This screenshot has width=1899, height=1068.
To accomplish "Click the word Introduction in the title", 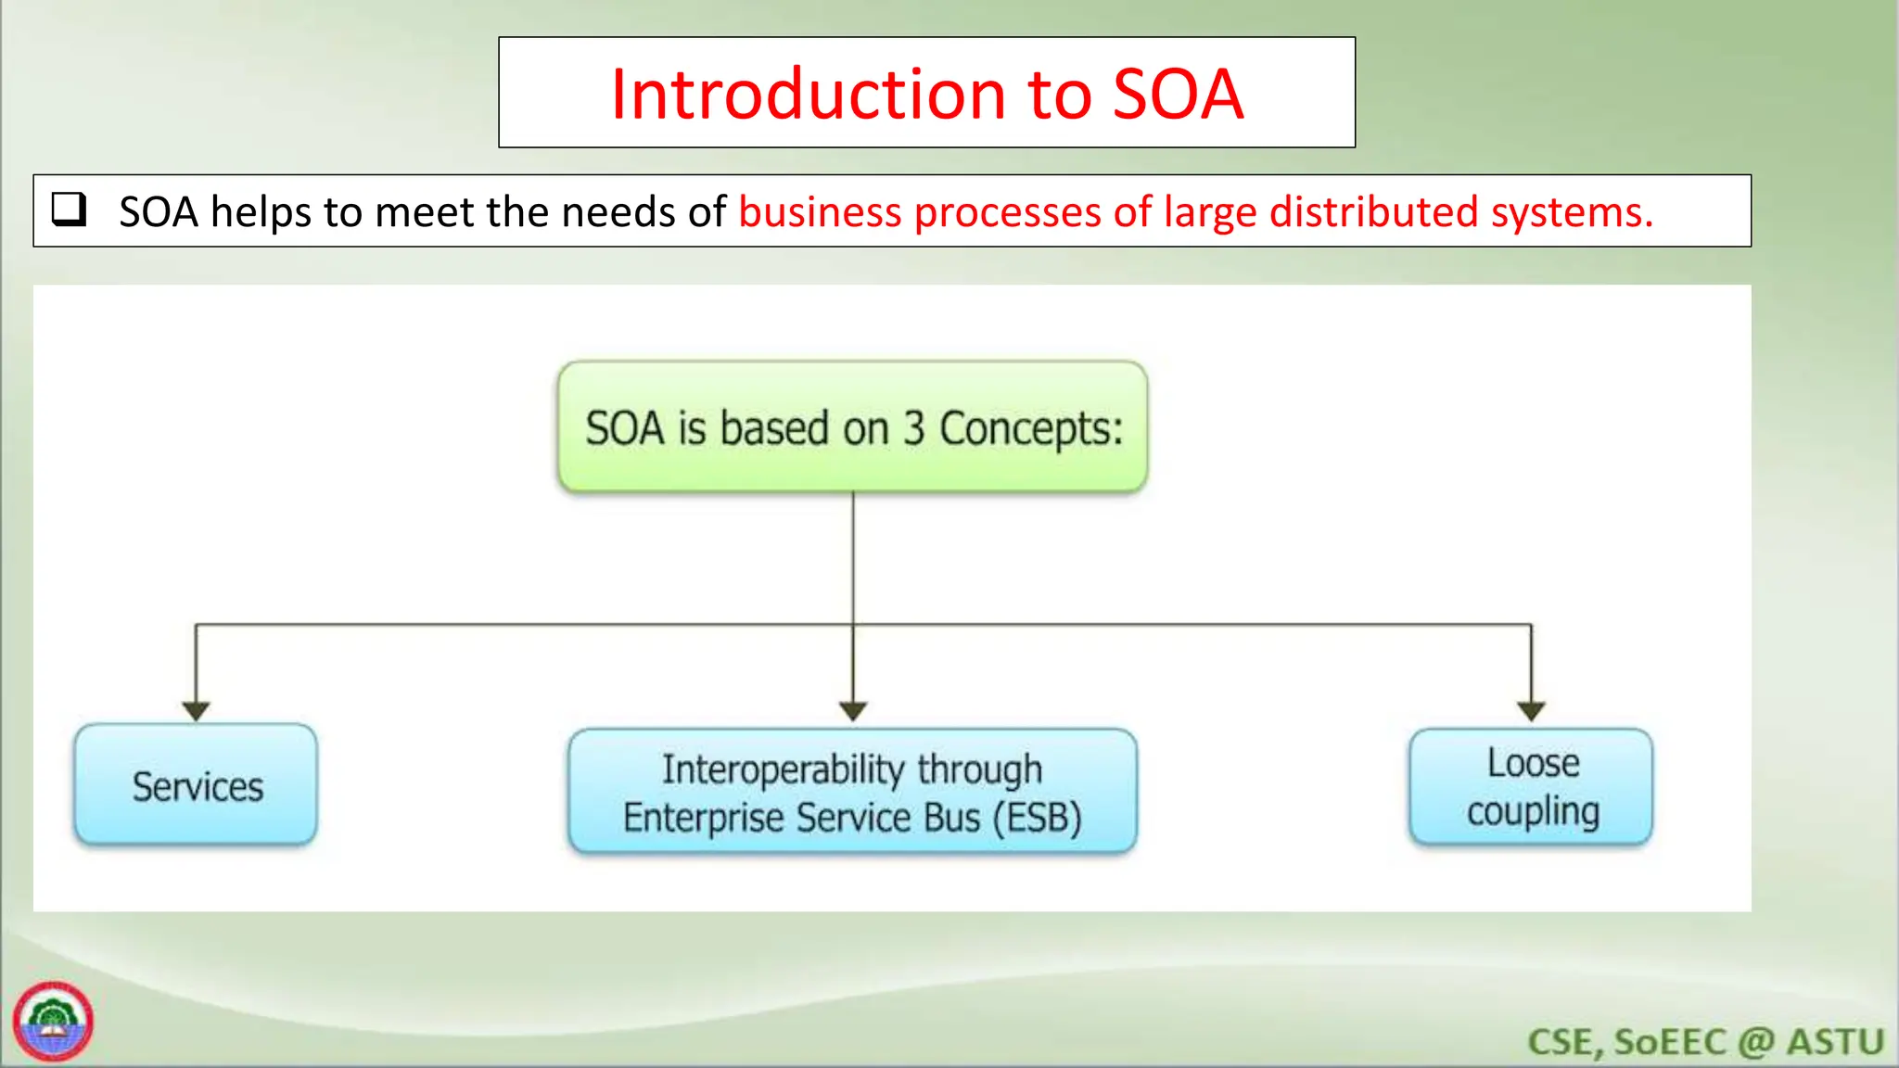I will tap(807, 95).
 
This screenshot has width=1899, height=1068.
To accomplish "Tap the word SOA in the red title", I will tap(1178, 95).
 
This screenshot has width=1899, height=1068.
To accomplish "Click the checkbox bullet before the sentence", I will tap(69, 210).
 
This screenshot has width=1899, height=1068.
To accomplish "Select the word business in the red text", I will tap(820, 212).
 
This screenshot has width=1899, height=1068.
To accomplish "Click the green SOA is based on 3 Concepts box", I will tap(852, 427).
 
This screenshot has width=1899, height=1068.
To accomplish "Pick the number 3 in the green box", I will tap(914, 429).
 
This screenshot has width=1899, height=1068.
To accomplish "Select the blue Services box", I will tap(196, 785).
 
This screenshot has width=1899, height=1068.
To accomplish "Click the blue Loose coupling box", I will tap(1531, 787).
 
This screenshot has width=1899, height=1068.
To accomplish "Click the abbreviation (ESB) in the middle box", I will tap(1037, 818).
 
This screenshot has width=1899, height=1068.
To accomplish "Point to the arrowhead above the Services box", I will tap(196, 711).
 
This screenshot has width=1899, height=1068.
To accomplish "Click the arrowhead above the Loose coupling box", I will tap(1531, 711).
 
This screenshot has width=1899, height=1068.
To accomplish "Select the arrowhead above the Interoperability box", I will tap(853, 711).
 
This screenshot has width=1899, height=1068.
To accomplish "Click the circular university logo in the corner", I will tap(53, 1022).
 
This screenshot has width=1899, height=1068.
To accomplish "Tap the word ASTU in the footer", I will tap(1835, 1042).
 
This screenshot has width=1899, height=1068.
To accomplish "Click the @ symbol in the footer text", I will tap(1756, 1042).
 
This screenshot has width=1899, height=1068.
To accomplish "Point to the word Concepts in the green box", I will tap(1030, 429).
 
